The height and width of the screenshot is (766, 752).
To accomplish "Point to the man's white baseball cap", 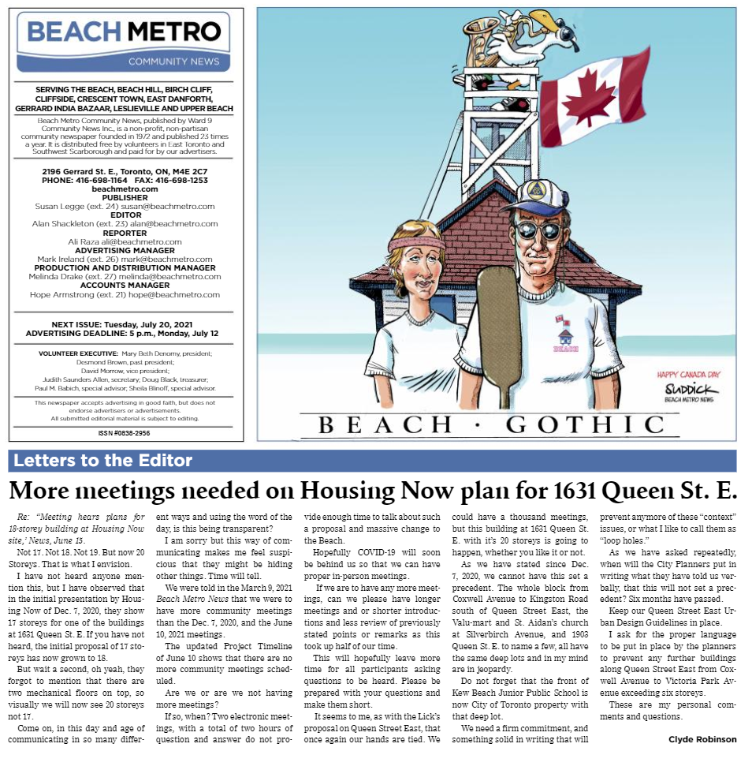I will tap(538, 198).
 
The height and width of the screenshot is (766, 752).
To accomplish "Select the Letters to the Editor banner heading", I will tap(103, 461).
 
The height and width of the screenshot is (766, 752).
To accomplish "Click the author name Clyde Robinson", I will tap(702, 739).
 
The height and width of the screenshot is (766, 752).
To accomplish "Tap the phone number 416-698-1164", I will tap(102, 180).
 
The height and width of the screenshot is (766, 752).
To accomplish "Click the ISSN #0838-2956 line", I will tap(125, 433).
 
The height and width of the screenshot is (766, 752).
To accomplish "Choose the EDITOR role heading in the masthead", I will tap(126, 215).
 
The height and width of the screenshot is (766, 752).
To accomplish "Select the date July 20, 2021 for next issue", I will tap(169, 324).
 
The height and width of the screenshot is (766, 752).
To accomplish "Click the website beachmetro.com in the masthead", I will tap(125, 189).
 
